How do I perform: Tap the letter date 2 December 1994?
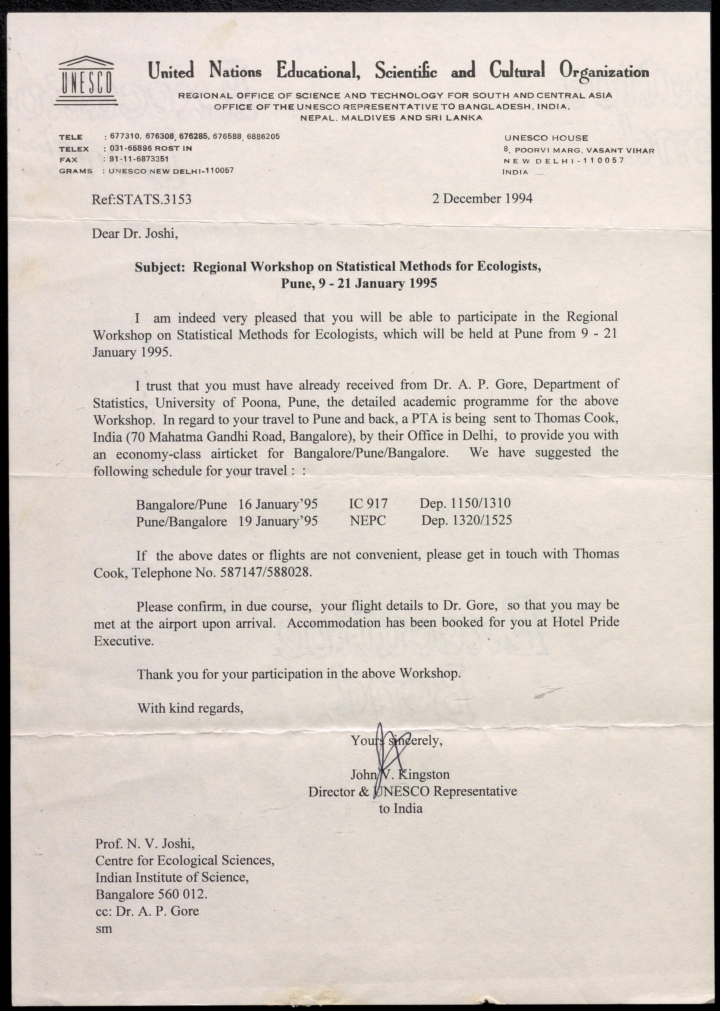[482, 198]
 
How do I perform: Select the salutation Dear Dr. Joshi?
[135, 234]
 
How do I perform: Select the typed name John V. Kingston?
[400, 774]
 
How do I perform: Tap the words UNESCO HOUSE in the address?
[546, 138]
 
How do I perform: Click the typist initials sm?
[104, 928]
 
